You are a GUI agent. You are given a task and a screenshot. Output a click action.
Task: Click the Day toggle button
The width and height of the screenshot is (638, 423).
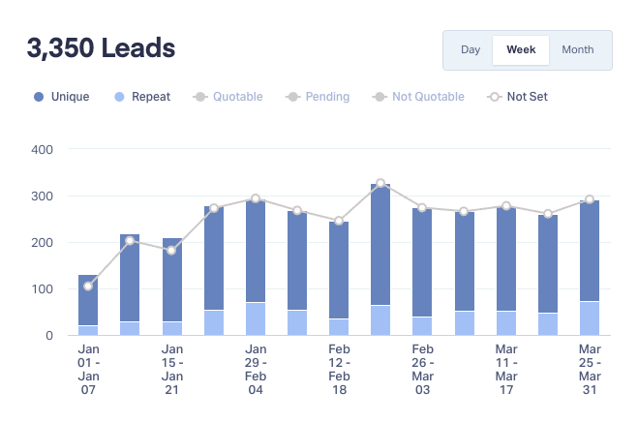click(471, 49)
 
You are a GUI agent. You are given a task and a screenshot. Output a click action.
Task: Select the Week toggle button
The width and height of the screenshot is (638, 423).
click(521, 49)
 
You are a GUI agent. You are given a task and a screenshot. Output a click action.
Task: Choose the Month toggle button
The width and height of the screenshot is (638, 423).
click(578, 49)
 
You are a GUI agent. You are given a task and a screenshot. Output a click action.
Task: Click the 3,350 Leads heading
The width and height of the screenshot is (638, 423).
click(102, 47)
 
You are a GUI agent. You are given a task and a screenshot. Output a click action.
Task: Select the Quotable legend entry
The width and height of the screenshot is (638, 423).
click(229, 97)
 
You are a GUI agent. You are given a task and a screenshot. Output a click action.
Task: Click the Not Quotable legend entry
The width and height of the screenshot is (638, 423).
click(419, 97)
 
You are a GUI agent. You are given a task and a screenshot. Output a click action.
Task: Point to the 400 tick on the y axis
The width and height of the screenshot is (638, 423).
click(43, 150)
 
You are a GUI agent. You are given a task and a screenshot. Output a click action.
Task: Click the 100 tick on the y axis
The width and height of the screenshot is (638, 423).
click(43, 289)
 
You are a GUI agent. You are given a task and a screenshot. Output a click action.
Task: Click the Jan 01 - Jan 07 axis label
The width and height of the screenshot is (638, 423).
click(88, 370)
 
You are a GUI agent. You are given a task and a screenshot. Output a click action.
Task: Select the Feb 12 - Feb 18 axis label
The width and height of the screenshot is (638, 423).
click(339, 370)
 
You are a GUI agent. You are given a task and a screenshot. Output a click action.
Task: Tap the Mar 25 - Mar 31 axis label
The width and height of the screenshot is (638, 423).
click(590, 370)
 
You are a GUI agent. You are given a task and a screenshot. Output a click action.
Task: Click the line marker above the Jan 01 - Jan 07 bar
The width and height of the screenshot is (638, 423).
click(88, 286)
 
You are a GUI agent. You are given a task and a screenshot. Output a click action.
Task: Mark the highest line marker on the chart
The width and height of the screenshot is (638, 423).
click(380, 183)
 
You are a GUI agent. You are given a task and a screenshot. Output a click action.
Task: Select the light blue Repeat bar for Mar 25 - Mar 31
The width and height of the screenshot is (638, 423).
click(590, 318)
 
